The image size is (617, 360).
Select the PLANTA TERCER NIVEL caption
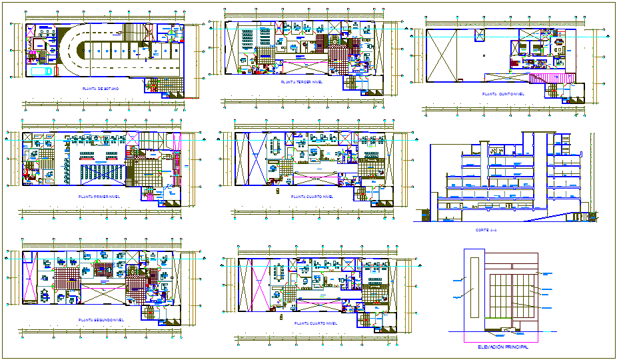click(298, 82)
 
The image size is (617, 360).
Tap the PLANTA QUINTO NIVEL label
click(503, 94)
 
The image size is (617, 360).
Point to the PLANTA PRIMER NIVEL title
click(99, 198)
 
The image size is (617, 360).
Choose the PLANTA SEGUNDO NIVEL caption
click(101, 320)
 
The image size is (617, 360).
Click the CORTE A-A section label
click(486, 230)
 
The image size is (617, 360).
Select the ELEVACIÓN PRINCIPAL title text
click(503, 347)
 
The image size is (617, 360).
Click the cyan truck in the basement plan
click(40, 71)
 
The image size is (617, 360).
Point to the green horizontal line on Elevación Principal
click(500, 318)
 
